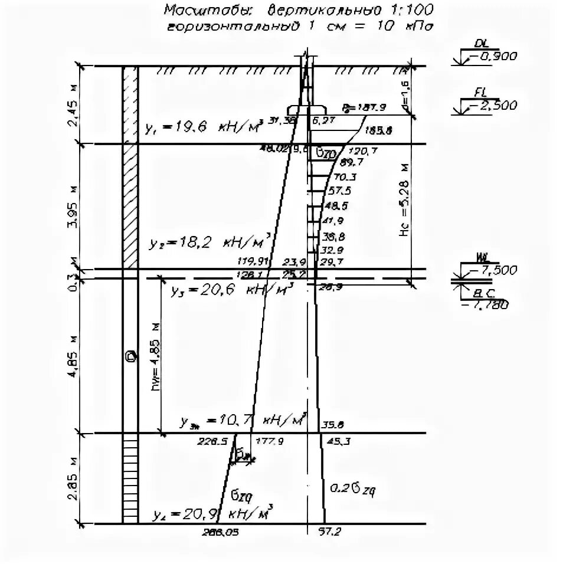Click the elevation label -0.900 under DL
493,57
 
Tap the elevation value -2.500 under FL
493,106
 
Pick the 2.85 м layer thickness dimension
73,479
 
